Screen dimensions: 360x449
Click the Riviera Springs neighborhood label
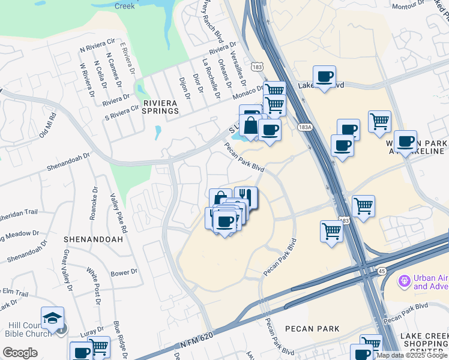point(160,106)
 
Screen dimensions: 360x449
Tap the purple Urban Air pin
point(404,280)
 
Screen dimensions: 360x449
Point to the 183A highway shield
point(305,127)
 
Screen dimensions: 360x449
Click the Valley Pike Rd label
point(118,213)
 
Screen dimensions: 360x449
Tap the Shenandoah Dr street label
point(68,163)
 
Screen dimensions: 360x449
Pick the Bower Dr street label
point(124,272)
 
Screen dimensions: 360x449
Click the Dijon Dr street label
point(184,88)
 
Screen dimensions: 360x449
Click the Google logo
point(20,353)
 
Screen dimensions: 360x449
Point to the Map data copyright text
point(412,356)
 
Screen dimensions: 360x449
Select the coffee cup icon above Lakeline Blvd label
point(324,76)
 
